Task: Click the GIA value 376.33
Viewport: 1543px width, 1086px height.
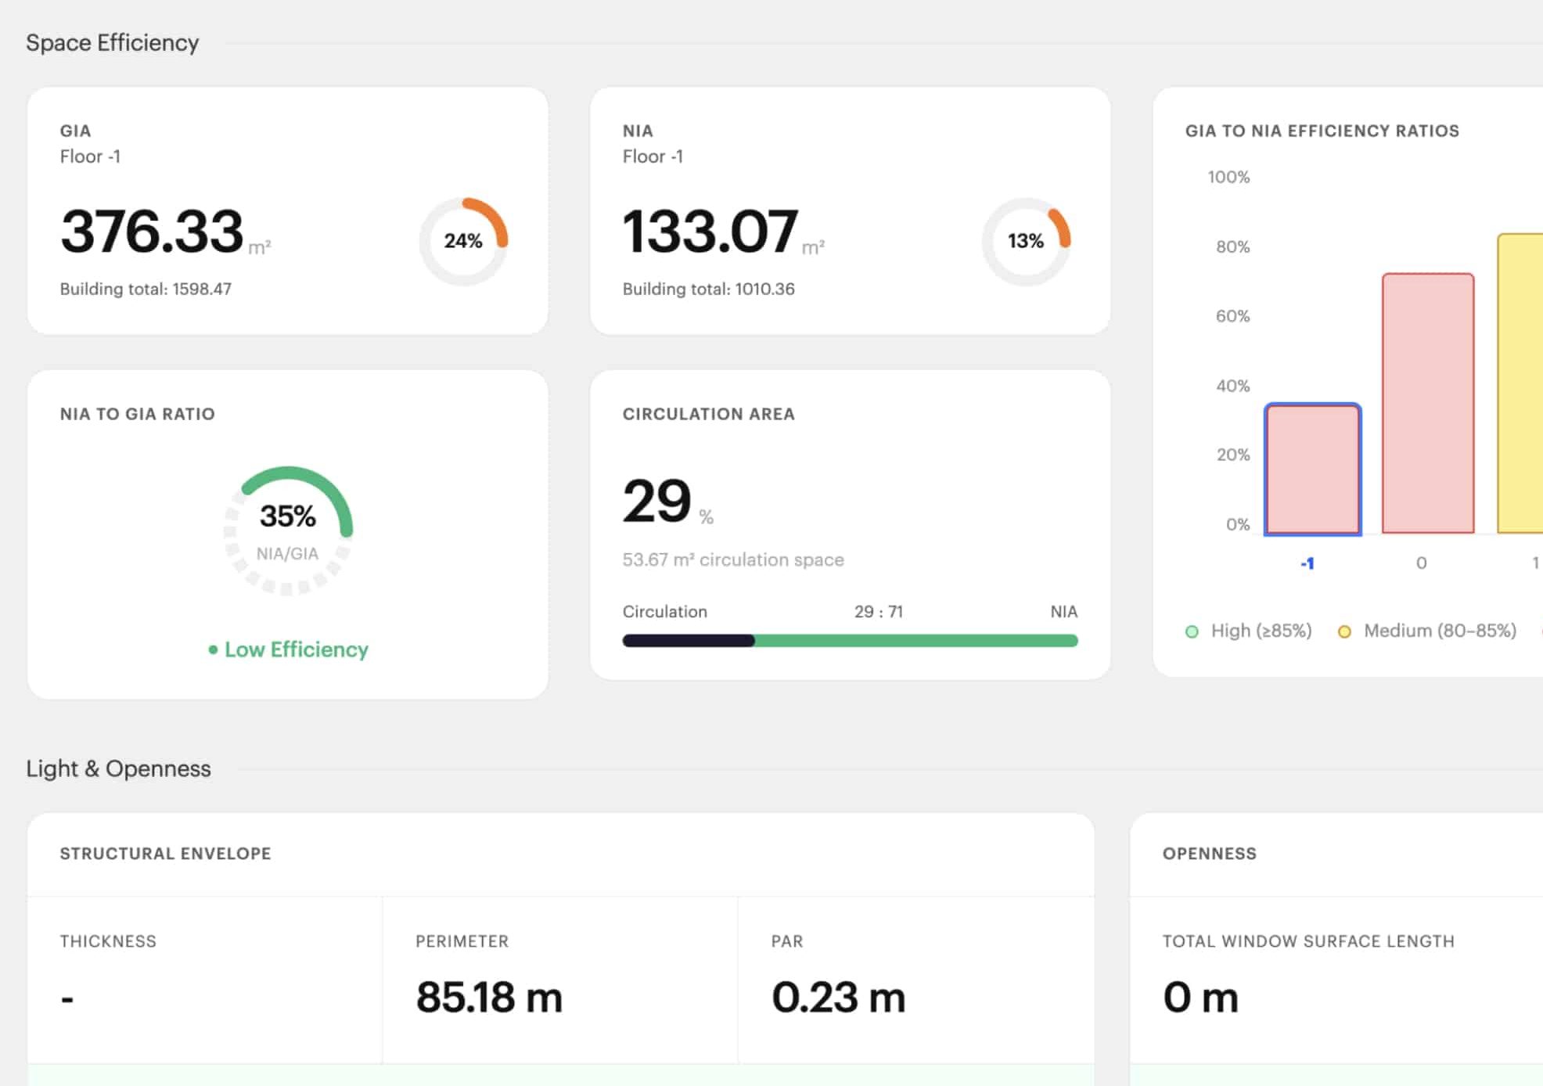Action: [x=152, y=232]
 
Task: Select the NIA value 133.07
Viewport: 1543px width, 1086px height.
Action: [x=710, y=232]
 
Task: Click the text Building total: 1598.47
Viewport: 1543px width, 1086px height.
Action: [x=146, y=289]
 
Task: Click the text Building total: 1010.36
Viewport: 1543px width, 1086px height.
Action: [x=708, y=289]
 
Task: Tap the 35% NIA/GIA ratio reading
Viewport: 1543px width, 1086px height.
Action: [x=288, y=516]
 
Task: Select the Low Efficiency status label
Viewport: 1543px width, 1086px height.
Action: [x=289, y=649]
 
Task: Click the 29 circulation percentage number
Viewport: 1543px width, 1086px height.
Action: [x=656, y=501]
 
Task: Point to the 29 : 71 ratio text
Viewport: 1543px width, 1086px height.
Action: [x=879, y=611]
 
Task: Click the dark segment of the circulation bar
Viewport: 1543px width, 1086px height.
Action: [x=689, y=641]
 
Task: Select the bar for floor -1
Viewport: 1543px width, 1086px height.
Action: [x=1313, y=469]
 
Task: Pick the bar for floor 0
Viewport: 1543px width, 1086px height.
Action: [x=1428, y=403]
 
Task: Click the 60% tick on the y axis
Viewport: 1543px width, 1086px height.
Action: [x=1232, y=316]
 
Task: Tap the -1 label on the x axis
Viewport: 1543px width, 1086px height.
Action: [x=1307, y=563]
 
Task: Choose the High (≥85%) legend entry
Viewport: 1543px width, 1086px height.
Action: [x=1249, y=631]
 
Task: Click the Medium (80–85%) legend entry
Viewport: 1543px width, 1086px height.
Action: [x=1427, y=631]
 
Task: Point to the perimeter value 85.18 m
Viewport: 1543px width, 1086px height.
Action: [x=489, y=997]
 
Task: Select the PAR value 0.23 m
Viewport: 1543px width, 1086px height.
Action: [x=838, y=997]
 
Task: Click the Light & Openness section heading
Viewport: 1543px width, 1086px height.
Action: [x=118, y=768]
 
